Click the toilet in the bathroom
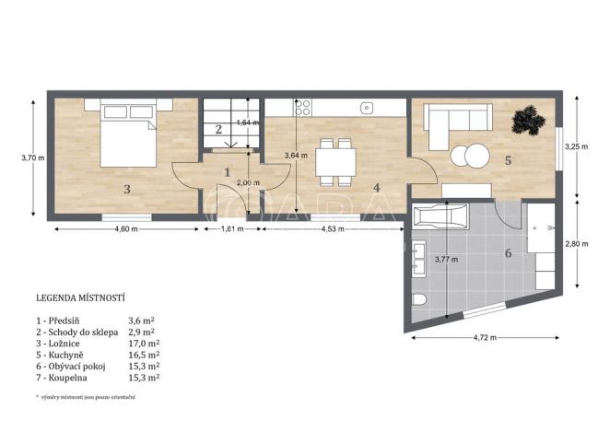coord(418,300)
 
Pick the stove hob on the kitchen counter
coord(300,108)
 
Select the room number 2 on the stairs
coord(218,130)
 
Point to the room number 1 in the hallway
coord(228,171)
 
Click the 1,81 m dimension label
coord(231,229)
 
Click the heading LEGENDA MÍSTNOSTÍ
coord(80,298)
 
